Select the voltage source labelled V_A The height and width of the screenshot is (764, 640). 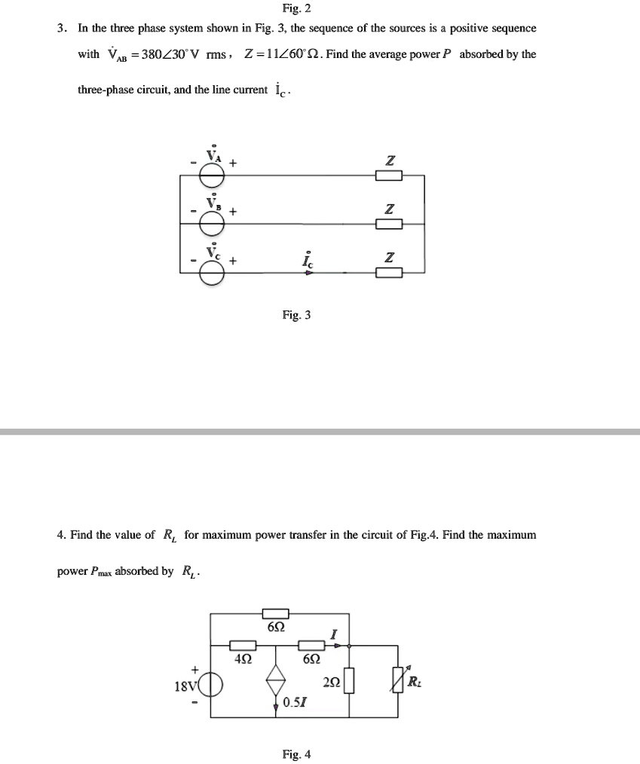coord(213,175)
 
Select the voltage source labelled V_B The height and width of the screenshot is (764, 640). coord(213,222)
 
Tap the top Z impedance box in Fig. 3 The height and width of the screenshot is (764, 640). coord(389,176)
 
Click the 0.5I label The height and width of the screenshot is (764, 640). coord(296,703)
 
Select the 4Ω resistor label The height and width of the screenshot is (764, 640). coord(243,658)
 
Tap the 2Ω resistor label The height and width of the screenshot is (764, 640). coord(330,683)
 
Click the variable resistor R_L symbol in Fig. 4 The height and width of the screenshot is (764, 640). coord(400,683)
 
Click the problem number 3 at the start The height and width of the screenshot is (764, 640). coord(61,29)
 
